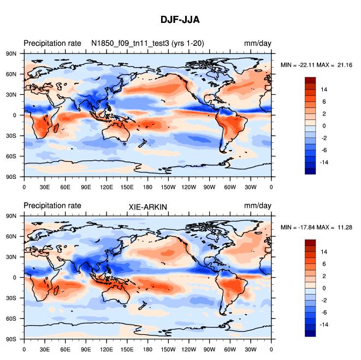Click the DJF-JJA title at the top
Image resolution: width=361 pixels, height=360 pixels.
tap(180, 20)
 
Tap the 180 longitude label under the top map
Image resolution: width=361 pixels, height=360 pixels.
tap(147, 187)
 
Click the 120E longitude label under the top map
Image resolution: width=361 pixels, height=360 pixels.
tap(106, 187)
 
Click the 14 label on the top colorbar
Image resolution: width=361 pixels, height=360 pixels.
tap(324, 89)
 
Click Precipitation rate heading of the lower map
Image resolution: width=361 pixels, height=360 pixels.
tap(52, 206)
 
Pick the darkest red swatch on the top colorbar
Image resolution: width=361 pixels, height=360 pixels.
tap(310, 80)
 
